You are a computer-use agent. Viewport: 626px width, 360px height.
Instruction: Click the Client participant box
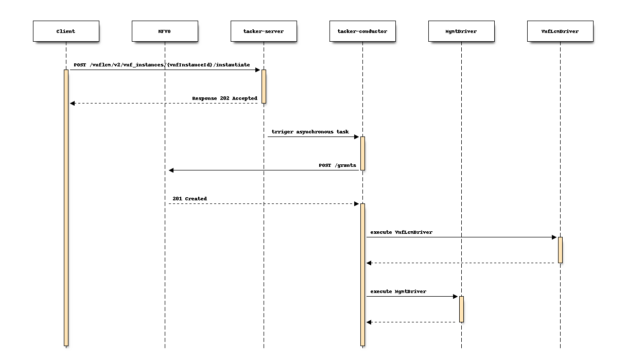[66, 31]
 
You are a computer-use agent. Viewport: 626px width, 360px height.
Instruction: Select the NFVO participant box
[165, 31]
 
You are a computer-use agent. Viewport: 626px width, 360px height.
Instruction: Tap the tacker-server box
[264, 31]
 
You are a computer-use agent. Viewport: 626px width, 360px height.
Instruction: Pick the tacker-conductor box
[362, 31]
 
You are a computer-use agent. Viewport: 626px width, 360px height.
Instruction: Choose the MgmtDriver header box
[461, 31]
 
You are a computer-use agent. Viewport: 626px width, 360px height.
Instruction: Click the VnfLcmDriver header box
[560, 31]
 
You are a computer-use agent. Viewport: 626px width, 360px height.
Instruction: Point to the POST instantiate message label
[162, 65]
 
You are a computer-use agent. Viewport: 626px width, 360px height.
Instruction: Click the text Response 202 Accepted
[224, 98]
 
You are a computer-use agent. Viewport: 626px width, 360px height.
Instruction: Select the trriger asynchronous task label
[310, 132]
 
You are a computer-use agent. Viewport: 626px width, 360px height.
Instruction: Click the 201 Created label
[189, 199]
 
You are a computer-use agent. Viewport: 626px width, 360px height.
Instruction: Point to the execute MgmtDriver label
[398, 292]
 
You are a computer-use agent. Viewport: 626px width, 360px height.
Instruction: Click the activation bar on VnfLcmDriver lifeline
[560, 250]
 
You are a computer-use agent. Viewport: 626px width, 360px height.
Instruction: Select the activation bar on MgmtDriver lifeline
[461, 309]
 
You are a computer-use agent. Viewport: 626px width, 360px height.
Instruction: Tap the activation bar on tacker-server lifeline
[264, 86]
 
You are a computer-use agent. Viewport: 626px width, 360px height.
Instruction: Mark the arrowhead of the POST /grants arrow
[172, 170]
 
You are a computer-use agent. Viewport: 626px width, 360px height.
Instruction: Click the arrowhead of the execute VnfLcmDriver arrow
[554, 237]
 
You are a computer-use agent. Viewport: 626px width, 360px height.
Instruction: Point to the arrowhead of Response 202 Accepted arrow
[73, 104]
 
